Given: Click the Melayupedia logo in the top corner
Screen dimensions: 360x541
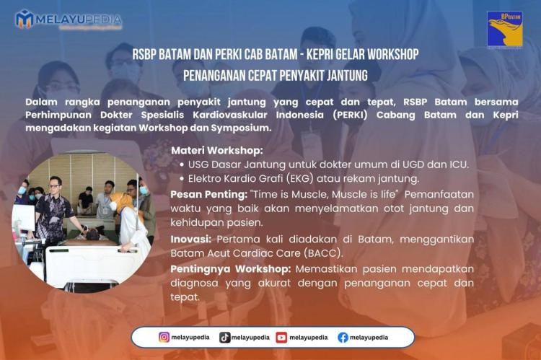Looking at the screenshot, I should (x=69, y=19).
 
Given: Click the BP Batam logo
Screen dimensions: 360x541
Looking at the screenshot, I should (x=505, y=29).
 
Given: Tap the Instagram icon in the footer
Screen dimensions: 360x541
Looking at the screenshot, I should (x=164, y=337).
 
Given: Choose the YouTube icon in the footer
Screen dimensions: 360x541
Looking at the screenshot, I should (x=281, y=337).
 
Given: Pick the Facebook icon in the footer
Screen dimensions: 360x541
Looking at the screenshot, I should (x=343, y=337).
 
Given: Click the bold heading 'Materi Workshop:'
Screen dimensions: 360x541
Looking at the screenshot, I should (x=217, y=151).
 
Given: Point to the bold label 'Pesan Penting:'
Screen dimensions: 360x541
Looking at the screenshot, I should (x=208, y=194).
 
